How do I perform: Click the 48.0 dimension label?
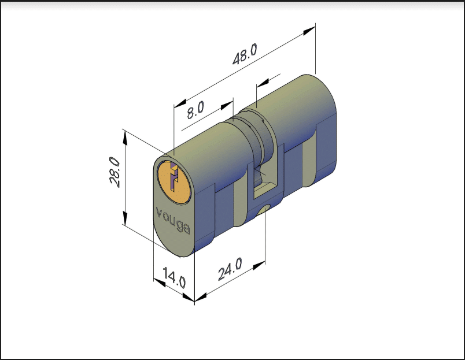pyautogui.click(x=245, y=54)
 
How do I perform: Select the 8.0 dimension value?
pyautogui.click(x=195, y=110)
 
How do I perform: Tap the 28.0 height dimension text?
pyautogui.click(x=115, y=172)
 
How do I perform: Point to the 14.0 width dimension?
pyautogui.click(x=175, y=277)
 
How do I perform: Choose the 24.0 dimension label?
pyautogui.click(x=230, y=269)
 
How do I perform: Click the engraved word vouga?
pyautogui.click(x=173, y=220)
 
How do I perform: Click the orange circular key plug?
pyautogui.click(x=174, y=182)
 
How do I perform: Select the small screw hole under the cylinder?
pyautogui.click(x=263, y=210)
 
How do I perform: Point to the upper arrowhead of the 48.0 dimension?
pyautogui.click(x=309, y=31)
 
